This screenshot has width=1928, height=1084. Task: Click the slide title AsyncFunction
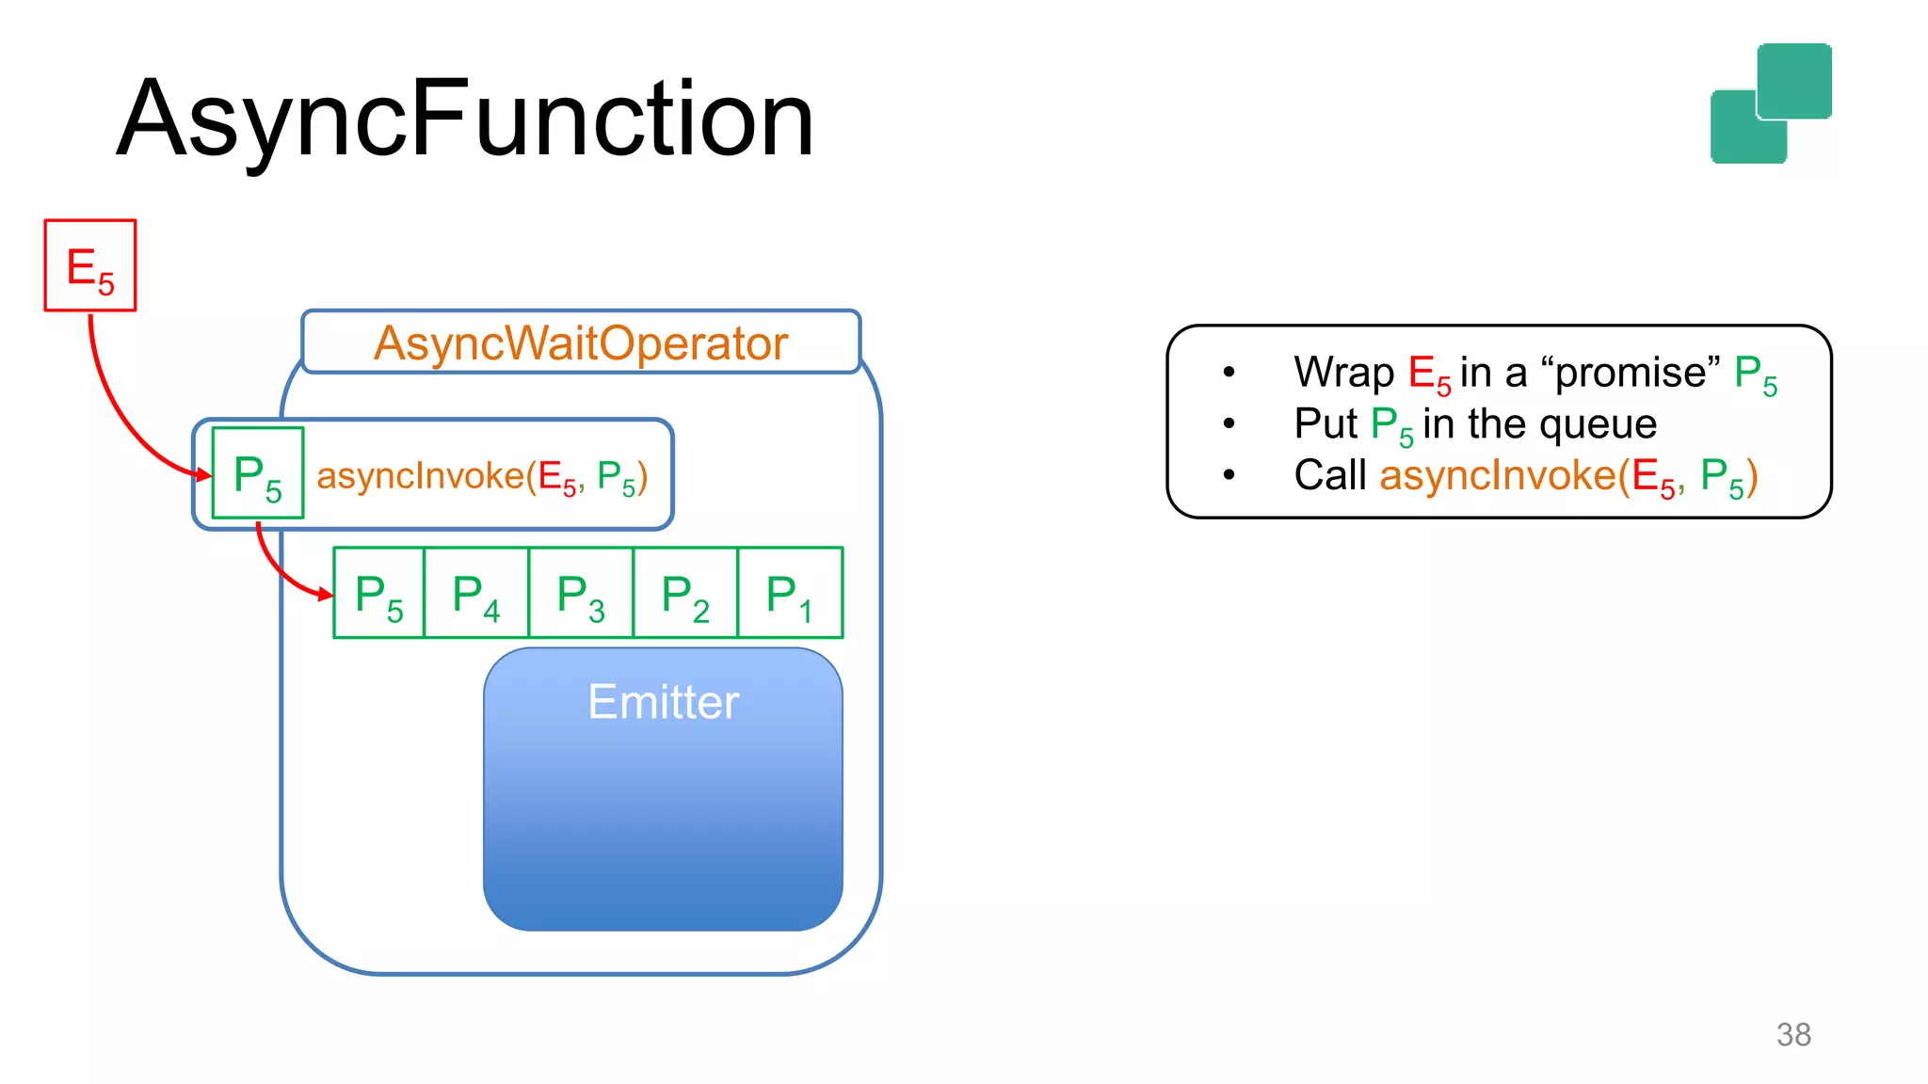coord(465,120)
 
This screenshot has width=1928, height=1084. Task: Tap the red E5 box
coord(90,265)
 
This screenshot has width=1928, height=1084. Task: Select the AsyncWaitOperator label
coord(580,343)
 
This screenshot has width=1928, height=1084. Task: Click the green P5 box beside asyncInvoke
coord(258,473)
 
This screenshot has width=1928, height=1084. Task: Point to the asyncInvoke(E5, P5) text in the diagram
coord(482,476)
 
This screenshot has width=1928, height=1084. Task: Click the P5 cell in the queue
coord(379,594)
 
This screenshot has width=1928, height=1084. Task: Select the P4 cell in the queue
coord(476,594)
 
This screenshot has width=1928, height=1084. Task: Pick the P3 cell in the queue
coord(581,594)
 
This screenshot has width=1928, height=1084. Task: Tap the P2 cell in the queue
coord(685,594)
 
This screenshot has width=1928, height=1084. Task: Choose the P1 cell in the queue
coord(790,594)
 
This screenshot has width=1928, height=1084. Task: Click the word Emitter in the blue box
coord(663,702)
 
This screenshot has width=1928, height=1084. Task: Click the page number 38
coord(1793,1034)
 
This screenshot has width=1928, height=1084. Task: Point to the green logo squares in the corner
coord(1771,104)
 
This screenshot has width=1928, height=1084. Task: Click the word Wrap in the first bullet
coord(1343,373)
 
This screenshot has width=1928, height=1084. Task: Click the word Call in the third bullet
coord(1329,475)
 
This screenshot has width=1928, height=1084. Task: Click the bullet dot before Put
coord(1229,423)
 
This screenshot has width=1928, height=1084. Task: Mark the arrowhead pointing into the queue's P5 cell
coord(326,594)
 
